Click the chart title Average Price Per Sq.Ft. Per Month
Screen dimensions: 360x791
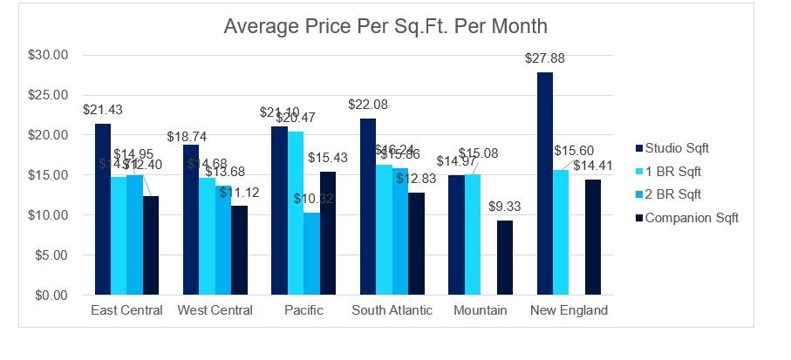[x=385, y=26]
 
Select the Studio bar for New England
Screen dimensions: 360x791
[x=544, y=184]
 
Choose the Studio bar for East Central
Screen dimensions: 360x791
[x=103, y=209]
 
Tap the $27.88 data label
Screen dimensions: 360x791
[x=543, y=58]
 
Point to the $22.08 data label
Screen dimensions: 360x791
[x=368, y=105]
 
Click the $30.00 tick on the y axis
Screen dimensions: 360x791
[x=49, y=55]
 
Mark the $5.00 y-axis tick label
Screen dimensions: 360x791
[x=52, y=255]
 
